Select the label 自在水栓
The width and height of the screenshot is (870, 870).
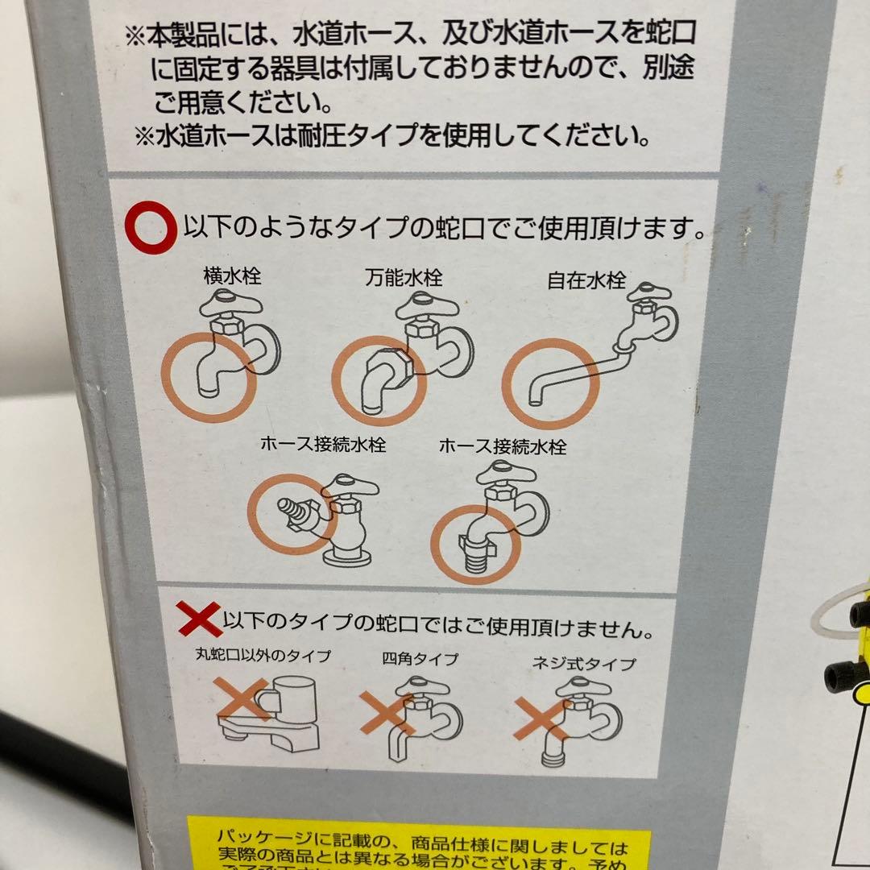coord(586,281)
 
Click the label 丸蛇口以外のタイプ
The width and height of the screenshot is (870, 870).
coord(263,656)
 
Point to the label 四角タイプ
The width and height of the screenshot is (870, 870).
coord(420,659)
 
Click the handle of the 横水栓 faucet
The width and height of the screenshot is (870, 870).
coord(230,304)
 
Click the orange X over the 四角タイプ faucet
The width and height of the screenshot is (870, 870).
coord(387,711)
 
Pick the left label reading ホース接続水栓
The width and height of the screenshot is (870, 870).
coord(322,444)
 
